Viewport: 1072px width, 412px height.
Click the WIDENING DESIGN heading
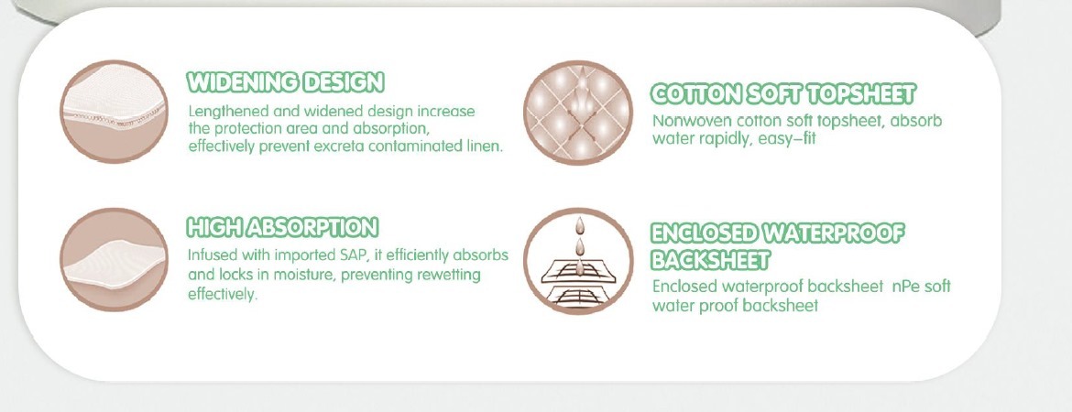tap(285, 82)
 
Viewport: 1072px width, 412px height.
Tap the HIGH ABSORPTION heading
tap(282, 228)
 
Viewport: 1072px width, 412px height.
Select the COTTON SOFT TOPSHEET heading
tap(782, 94)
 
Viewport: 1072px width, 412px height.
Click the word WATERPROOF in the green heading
tap(833, 233)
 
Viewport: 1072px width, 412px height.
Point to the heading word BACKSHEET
tap(710, 260)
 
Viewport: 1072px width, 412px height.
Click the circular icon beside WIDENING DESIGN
tap(115, 112)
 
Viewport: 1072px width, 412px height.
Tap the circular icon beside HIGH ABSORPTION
tap(115, 259)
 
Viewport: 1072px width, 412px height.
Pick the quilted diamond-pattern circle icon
tap(578, 113)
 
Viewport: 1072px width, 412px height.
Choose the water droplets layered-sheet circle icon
tap(578, 261)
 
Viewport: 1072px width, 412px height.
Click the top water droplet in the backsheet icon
tap(580, 225)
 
